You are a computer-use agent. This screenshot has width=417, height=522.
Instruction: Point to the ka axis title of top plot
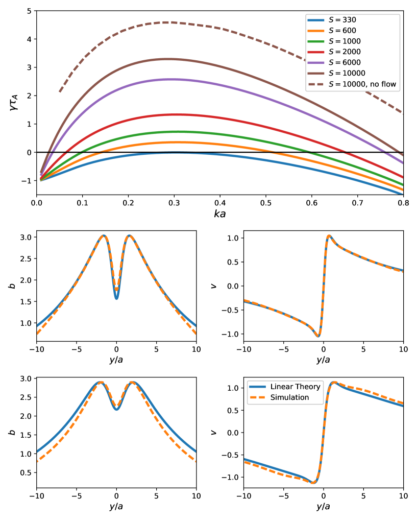coord(220,214)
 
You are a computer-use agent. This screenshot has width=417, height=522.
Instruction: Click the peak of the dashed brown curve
coord(168,22)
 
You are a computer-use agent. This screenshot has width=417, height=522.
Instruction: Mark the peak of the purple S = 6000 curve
coord(171,79)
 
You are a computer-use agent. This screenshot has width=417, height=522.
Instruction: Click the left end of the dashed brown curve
coord(60,92)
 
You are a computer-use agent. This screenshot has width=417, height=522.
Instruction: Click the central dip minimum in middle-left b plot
coord(116,299)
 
